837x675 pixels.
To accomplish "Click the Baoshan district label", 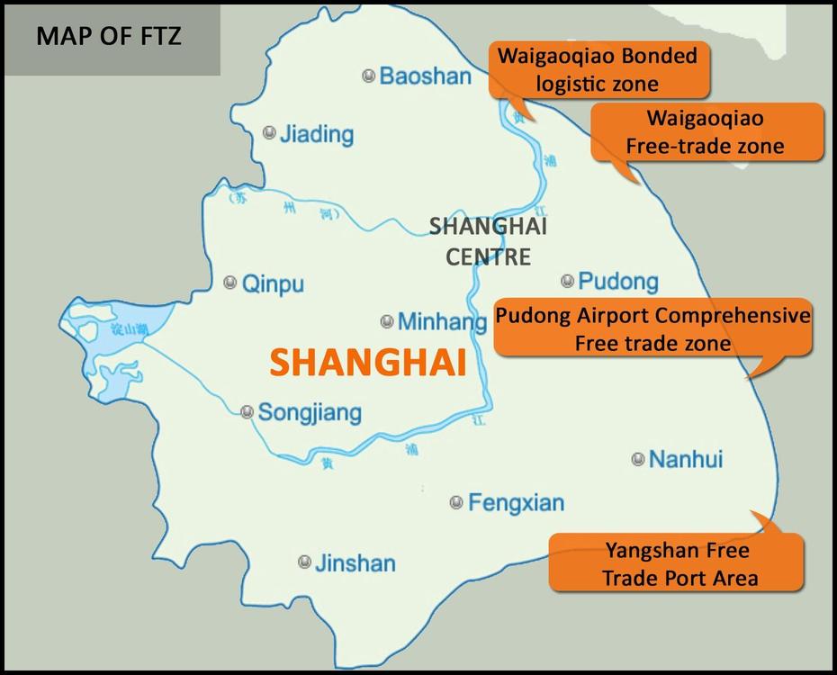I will [x=425, y=76].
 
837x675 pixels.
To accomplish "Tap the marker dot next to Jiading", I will [x=268, y=133].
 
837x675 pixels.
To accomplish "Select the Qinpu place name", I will [x=273, y=284].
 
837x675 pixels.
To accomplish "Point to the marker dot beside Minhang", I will [x=387, y=320].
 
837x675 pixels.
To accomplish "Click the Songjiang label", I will [x=309, y=413].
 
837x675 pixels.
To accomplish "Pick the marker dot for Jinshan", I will [x=304, y=562].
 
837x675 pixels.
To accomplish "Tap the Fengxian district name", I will [x=516, y=503].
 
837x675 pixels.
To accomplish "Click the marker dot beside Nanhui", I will [x=638, y=459].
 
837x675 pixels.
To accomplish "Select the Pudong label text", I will [x=617, y=282].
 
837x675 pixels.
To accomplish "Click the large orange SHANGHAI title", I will [x=367, y=363].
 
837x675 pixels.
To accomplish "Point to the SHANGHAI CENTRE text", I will [x=489, y=240].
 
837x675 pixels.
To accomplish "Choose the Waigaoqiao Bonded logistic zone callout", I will [x=598, y=69].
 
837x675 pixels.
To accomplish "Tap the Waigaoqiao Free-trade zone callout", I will [x=706, y=131].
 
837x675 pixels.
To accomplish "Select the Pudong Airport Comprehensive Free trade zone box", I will [x=652, y=329].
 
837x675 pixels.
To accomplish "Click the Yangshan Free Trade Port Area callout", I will [x=676, y=563].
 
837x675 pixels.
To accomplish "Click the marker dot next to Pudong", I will [x=567, y=281].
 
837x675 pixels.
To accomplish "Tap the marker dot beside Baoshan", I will [x=368, y=76].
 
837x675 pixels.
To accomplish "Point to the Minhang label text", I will [x=436, y=321].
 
